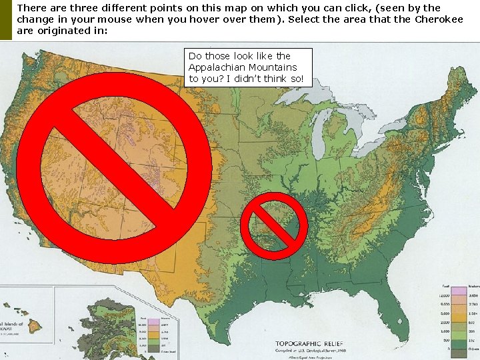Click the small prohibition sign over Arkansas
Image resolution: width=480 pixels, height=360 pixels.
point(273,226)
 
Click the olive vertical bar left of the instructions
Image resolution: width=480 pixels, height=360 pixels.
point(5,19)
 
